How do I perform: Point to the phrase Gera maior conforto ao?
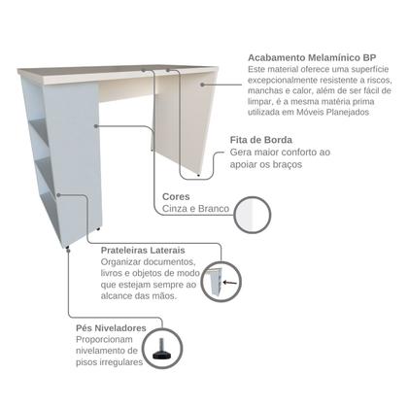(x=281, y=153)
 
